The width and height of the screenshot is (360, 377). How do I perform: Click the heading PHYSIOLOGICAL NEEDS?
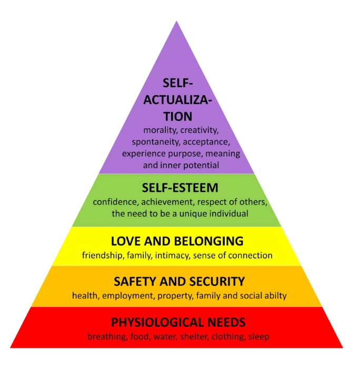(178, 322)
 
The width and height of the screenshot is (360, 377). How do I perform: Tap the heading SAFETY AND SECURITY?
(179, 281)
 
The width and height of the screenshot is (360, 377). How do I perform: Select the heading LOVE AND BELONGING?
(177, 241)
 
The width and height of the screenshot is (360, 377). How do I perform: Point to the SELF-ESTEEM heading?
(180, 188)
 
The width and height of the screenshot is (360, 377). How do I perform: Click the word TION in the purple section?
(178, 116)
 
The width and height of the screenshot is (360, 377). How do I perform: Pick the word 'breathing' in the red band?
(107, 337)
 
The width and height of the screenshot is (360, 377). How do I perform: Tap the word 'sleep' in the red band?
(259, 337)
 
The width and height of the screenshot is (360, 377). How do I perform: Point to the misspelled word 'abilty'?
(276, 296)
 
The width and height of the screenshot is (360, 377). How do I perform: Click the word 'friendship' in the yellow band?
(102, 256)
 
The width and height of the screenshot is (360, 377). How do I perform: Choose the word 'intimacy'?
(172, 256)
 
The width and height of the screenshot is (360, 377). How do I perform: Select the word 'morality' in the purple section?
(161, 130)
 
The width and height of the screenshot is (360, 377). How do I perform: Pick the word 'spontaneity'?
(155, 142)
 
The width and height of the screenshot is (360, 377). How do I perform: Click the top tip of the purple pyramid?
(176, 21)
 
